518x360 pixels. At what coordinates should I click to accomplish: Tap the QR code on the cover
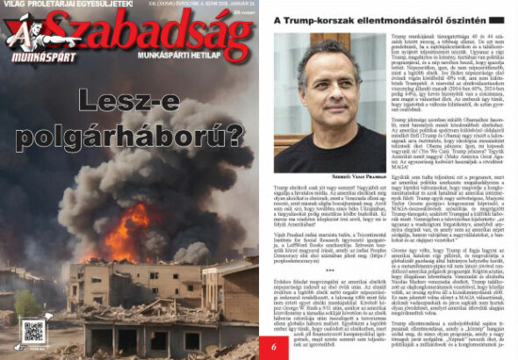tap(33, 331)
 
